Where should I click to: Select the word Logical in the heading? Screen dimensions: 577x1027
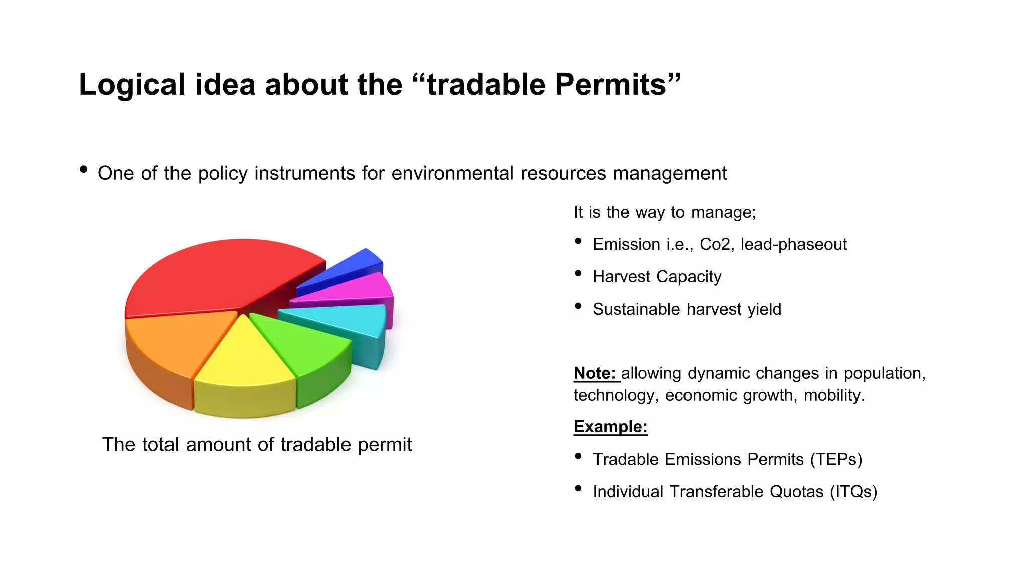pyautogui.click(x=132, y=84)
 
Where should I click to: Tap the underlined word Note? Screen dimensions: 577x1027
pyautogui.click(x=595, y=373)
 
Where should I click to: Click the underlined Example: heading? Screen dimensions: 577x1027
pyautogui.click(x=610, y=427)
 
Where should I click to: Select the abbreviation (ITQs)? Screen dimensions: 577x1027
pyautogui.click(x=853, y=492)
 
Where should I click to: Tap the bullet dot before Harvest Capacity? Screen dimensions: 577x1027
pyautogui.click(x=578, y=273)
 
